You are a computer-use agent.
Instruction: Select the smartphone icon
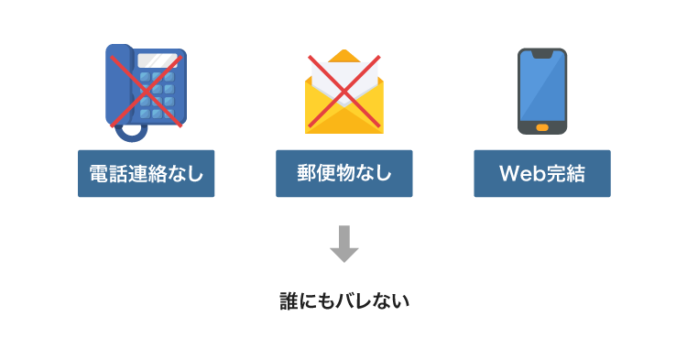point(542,90)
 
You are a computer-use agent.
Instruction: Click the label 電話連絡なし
point(146,173)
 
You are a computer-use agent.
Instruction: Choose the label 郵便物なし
point(343,173)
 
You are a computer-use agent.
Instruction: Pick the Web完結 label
point(542,173)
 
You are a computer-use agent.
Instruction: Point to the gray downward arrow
point(343,243)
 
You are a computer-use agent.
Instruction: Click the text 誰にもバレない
point(343,300)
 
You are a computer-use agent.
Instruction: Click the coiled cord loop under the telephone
point(134,129)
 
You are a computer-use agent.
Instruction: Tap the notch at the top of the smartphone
point(542,55)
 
